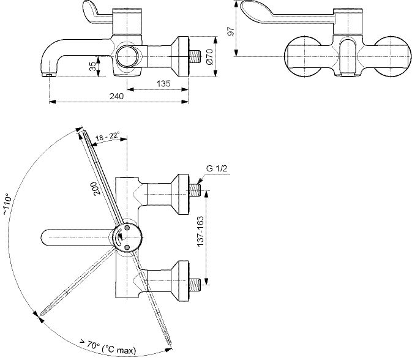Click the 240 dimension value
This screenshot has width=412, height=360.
116,96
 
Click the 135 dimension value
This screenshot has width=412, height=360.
163,83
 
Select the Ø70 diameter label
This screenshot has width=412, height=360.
210,57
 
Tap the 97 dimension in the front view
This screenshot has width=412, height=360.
230,31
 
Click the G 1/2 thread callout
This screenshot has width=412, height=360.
217,168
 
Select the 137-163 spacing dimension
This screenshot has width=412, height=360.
200,231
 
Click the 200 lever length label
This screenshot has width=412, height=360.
97,188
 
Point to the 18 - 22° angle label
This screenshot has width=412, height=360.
107,137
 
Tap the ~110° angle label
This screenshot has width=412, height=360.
7,204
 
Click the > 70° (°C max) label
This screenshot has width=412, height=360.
108,347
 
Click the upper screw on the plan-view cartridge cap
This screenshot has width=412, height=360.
127,227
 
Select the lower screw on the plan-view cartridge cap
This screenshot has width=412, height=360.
127,247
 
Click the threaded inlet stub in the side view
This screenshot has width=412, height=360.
195,57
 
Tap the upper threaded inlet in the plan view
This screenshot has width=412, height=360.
195,190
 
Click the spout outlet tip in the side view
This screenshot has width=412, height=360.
49,75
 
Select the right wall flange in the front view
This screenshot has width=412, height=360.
392,57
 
